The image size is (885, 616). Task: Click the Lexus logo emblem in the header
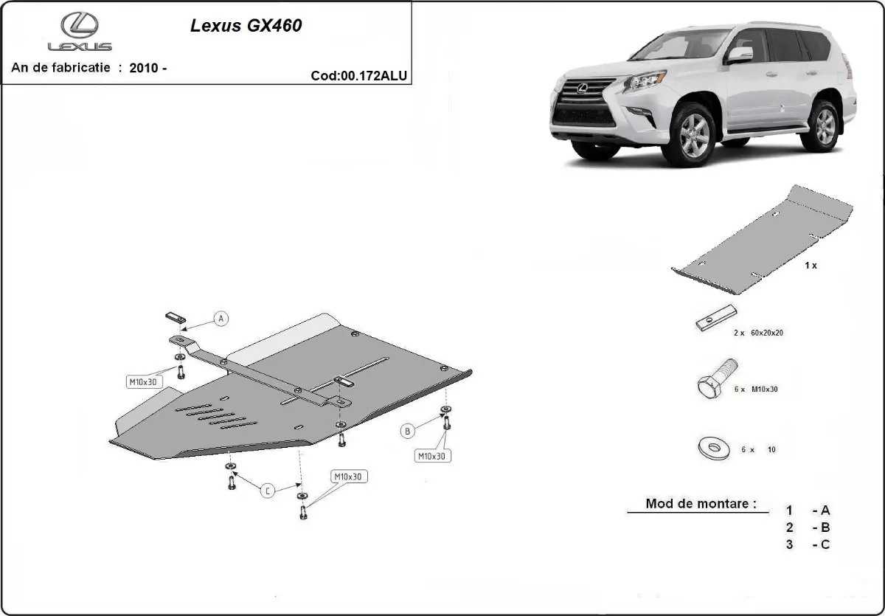point(80,26)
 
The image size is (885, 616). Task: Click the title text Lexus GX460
point(246,26)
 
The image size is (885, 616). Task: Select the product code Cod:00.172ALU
point(359,75)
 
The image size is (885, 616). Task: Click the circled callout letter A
point(221,319)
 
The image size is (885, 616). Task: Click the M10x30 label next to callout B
point(432,457)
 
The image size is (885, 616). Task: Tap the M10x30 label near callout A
point(141,381)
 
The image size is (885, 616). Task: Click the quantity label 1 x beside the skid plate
point(811,266)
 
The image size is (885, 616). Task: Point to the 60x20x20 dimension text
point(766,333)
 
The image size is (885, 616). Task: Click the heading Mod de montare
point(701,504)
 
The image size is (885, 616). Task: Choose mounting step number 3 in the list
point(789,544)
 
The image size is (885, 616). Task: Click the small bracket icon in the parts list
point(715,318)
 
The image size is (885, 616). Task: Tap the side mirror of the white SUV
point(739,55)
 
